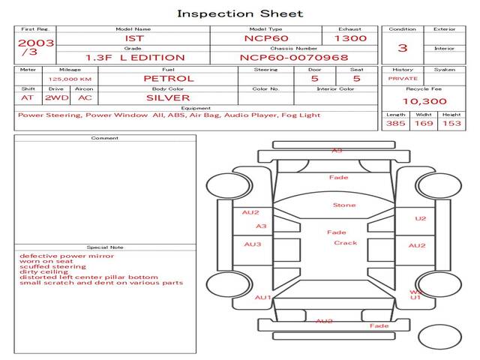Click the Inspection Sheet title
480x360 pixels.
(240, 13)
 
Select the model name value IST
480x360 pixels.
(133, 38)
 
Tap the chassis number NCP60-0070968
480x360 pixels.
(283, 57)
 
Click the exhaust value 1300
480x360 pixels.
(350, 38)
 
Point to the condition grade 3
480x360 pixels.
(403, 48)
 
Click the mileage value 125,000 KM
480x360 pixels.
(70, 78)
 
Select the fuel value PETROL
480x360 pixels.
(169, 78)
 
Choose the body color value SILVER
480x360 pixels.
(168, 97)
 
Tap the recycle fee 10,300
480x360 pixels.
(424, 101)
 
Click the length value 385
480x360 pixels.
(396, 123)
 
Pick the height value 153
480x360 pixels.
(451, 123)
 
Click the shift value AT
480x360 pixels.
(28, 97)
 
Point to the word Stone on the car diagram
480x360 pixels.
(344, 205)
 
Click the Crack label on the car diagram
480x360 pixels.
(346, 243)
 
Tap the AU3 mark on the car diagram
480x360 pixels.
(253, 244)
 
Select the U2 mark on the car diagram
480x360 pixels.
(420, 219)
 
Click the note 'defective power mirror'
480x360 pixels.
(67, 256)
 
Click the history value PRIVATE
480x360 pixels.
(403, 78)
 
